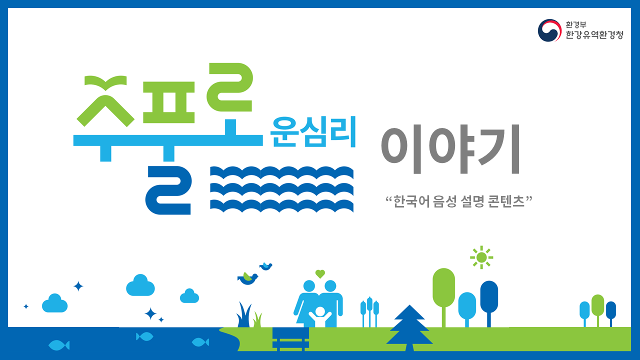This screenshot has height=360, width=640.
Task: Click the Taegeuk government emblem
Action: pyautogui.click(x=549, y=30)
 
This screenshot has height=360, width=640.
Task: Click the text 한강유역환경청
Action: pyautogui.click(x=594, y=35)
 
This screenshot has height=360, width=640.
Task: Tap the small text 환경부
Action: pyautogui.click(x=575, y=24)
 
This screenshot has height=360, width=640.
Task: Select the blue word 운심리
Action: pyautogui.click(x=312, y=131)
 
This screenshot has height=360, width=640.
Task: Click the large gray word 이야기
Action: pyautogui.click(x=450, y=148)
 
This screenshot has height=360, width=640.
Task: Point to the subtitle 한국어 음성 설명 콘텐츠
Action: pyautogui.click(x=459, y=201)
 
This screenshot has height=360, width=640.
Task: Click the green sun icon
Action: pyautogui.click(x=481, y=257)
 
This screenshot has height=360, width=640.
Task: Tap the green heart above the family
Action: pyautogui.click(x=320, y=274)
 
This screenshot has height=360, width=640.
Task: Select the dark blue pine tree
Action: pyautogui.click(x=409, y=328)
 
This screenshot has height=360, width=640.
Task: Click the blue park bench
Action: pyautogui.click(x=290, y=339)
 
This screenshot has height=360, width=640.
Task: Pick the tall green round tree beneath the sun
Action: pyautogui.click(x=443, y=297)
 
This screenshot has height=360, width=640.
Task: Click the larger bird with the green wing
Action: pyautogui.click(x=247, y=278)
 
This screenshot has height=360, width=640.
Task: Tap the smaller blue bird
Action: pyautogui.click(x=265, y=266)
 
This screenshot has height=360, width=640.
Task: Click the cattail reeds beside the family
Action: pyautogui.click(x=369, y=312)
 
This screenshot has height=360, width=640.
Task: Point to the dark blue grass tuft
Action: pyautogui.click(x=243, y=315)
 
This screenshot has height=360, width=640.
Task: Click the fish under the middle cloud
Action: pyautogui.click(x=144, y=336)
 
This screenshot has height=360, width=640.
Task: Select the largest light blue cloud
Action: pyautogui.click(x=140, y=285)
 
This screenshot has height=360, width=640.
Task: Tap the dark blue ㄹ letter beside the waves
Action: pyautogui.click(x=168, y=190)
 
